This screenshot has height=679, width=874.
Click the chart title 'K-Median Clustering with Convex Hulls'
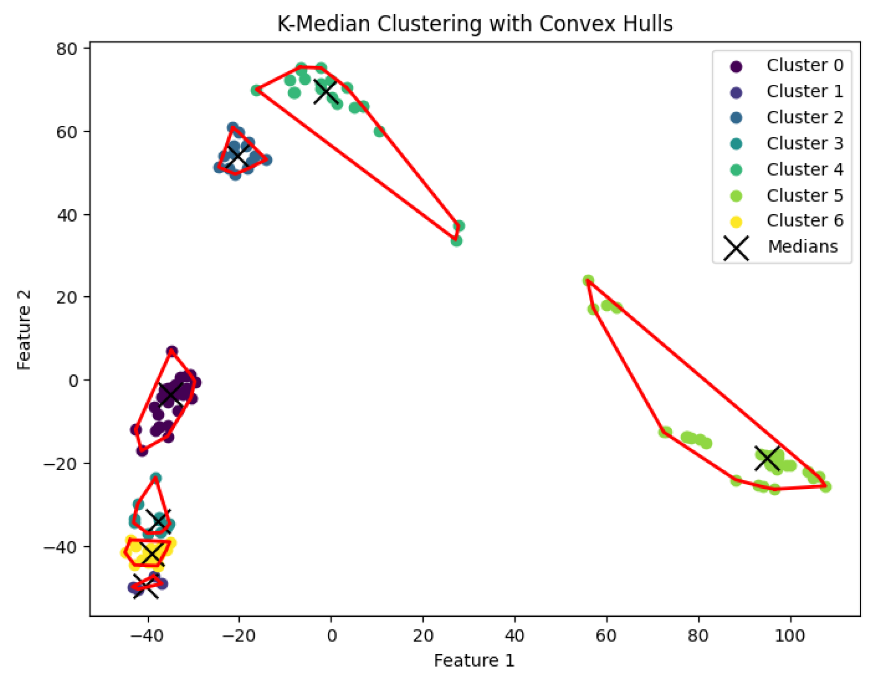coord(475,24)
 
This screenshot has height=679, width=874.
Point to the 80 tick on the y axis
coord(67,49)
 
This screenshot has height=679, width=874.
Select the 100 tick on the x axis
coord(790,636)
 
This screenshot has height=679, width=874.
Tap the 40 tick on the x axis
coord(514,636)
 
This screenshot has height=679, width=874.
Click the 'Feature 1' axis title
coord(474,661)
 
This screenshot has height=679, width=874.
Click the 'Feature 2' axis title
coord(24,329)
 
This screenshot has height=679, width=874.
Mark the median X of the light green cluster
coord(767,458)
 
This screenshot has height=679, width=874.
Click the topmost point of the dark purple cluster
coord(172,351)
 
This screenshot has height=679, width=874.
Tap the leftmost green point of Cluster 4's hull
coord(256,90)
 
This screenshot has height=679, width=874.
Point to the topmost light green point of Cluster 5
coord(588,280)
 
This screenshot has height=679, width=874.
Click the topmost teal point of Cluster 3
coord(155,478)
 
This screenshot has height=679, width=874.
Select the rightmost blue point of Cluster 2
coord(267,160)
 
